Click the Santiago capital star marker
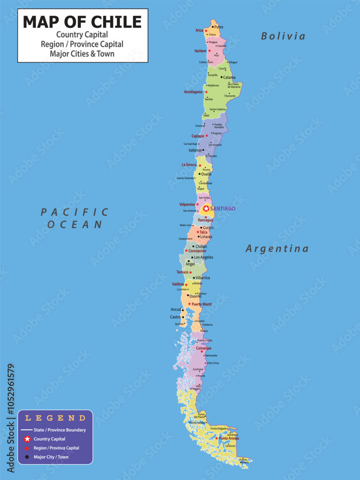point(206,208)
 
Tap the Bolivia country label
point(283,36)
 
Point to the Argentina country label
point(277,249)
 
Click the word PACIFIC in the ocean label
point(75,212)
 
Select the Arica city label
point(199,30)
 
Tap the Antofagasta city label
point(193,92)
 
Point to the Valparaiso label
point(187,204)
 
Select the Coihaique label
point(204,348)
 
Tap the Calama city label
point(229,77)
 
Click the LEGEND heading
point(55,418)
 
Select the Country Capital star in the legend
point(27,439)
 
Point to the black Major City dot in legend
point(27,457)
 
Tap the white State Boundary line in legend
point(27,430)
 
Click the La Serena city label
point(189,165)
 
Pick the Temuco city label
point(182,272)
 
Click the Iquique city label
point(200,50)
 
